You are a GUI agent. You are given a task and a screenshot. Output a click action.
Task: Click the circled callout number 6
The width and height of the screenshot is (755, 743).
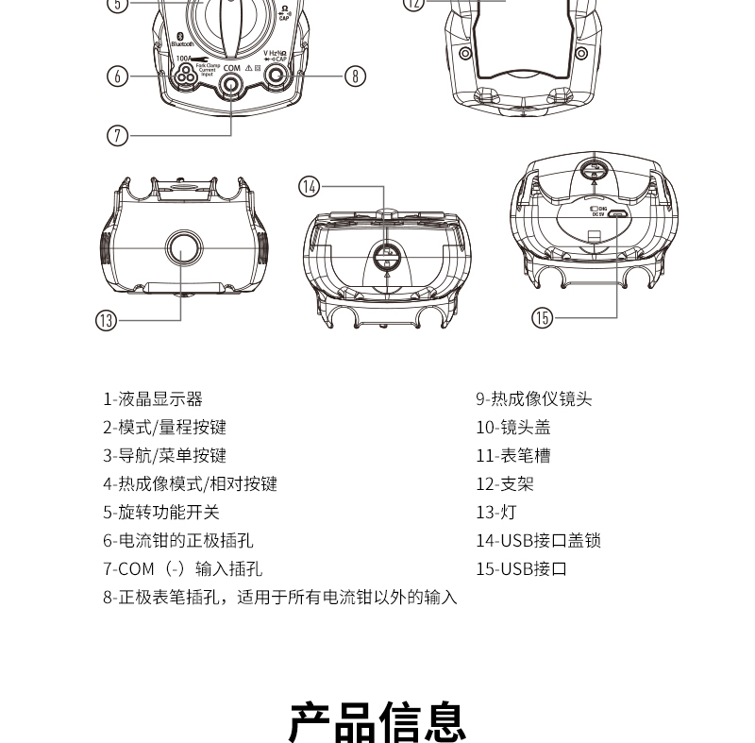(117, 76)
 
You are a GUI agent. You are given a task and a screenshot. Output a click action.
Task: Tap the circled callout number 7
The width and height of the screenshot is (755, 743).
(117, 135)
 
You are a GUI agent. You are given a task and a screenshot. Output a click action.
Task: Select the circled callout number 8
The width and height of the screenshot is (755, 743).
(354, 76)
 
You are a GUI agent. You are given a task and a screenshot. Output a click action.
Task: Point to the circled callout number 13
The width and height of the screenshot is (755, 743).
(106, 320)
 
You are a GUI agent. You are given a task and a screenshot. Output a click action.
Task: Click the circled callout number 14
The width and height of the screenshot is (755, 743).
(310, 186)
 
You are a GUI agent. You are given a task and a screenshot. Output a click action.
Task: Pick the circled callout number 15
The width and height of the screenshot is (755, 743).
(542, 317)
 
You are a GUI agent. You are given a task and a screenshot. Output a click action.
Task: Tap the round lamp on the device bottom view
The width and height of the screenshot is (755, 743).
(183, 248)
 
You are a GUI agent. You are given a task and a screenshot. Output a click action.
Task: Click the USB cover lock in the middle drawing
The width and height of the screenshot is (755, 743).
(387, 255)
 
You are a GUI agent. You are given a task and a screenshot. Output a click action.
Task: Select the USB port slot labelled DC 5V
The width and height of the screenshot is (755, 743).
(617, 213)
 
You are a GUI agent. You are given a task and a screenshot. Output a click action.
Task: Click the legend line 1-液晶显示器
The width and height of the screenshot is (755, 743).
(153, 399)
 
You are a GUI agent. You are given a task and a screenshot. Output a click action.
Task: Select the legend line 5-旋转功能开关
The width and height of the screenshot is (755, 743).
(161, 513)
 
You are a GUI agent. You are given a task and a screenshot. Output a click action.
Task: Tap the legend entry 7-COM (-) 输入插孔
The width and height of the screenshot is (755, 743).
(182, 569)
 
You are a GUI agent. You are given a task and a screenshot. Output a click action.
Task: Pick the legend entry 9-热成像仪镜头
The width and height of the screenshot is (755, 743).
(533, 399)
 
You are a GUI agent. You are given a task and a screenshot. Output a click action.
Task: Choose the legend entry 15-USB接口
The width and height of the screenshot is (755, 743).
(521, 569)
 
